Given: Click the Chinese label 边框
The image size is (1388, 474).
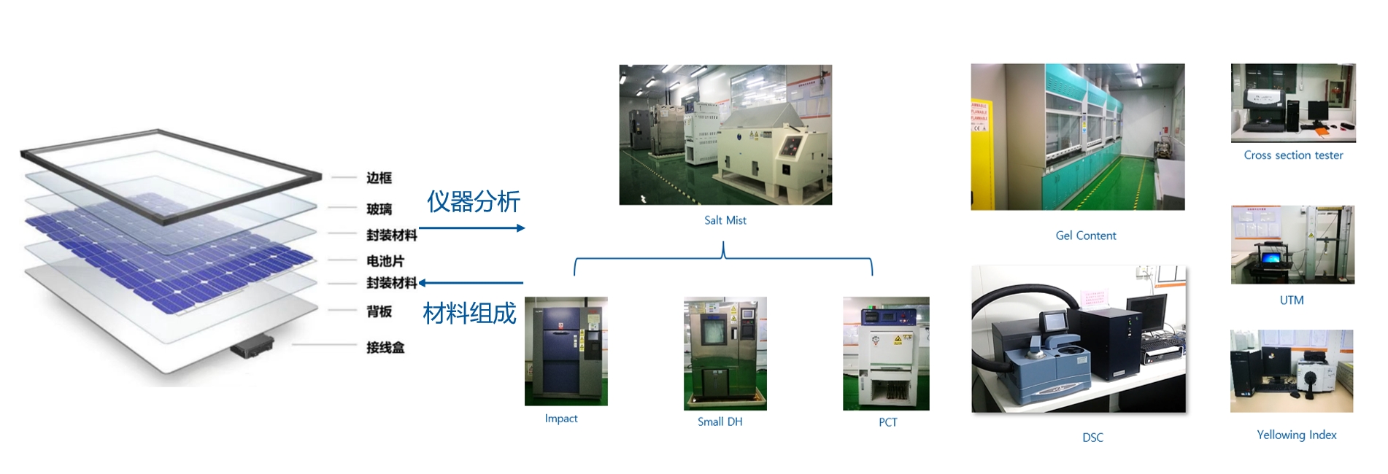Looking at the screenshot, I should (379, 178).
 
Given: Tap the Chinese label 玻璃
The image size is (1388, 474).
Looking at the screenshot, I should (379, 209).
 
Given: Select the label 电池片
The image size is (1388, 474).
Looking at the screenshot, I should (385, 261).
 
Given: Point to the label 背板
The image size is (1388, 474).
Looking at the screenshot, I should (379, 312).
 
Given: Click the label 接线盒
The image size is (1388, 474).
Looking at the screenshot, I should (385, 348).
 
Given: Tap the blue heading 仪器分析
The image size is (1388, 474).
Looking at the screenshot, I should (473, 202).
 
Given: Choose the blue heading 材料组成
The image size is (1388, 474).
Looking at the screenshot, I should (469, 314).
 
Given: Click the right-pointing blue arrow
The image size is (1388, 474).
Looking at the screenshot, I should (472, 228).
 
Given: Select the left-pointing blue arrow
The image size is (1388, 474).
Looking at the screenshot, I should (471, 283).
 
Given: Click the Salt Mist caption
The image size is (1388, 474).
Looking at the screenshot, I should (725, 220).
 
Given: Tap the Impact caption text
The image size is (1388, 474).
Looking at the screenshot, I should (560, 419).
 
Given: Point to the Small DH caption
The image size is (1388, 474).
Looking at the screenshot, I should (720, 421).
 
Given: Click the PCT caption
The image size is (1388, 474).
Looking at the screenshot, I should (887, 422).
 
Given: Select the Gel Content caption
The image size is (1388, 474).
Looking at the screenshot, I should (1085, 236).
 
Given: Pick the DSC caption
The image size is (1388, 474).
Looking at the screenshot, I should (1092, 438).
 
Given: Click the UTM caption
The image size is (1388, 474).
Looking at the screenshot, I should (1291, 300).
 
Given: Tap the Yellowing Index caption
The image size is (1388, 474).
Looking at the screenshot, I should (1296, 435).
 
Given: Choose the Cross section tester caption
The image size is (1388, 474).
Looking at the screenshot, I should (1293, 155).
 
